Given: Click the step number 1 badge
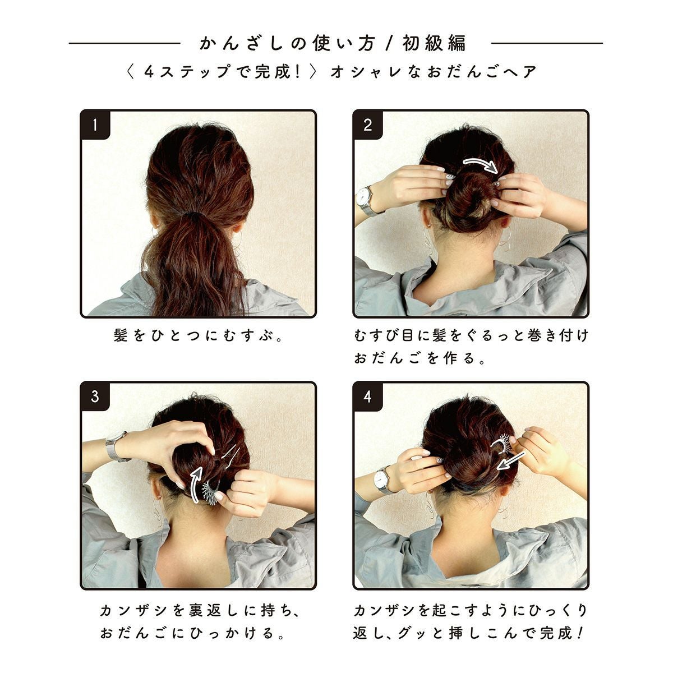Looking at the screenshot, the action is click(x=95, y=125).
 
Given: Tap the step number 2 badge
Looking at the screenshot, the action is click(x=367, y=125).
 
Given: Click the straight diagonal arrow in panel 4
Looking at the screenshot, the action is click(x=510, y=461).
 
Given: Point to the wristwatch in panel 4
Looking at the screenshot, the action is click(x=383, y=480).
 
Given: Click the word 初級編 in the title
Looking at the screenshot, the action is click(x=435, y=43).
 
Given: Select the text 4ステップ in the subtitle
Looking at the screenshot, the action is click(x=187, y=72).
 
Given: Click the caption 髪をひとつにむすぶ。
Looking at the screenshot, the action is click(x=199, y=335).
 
